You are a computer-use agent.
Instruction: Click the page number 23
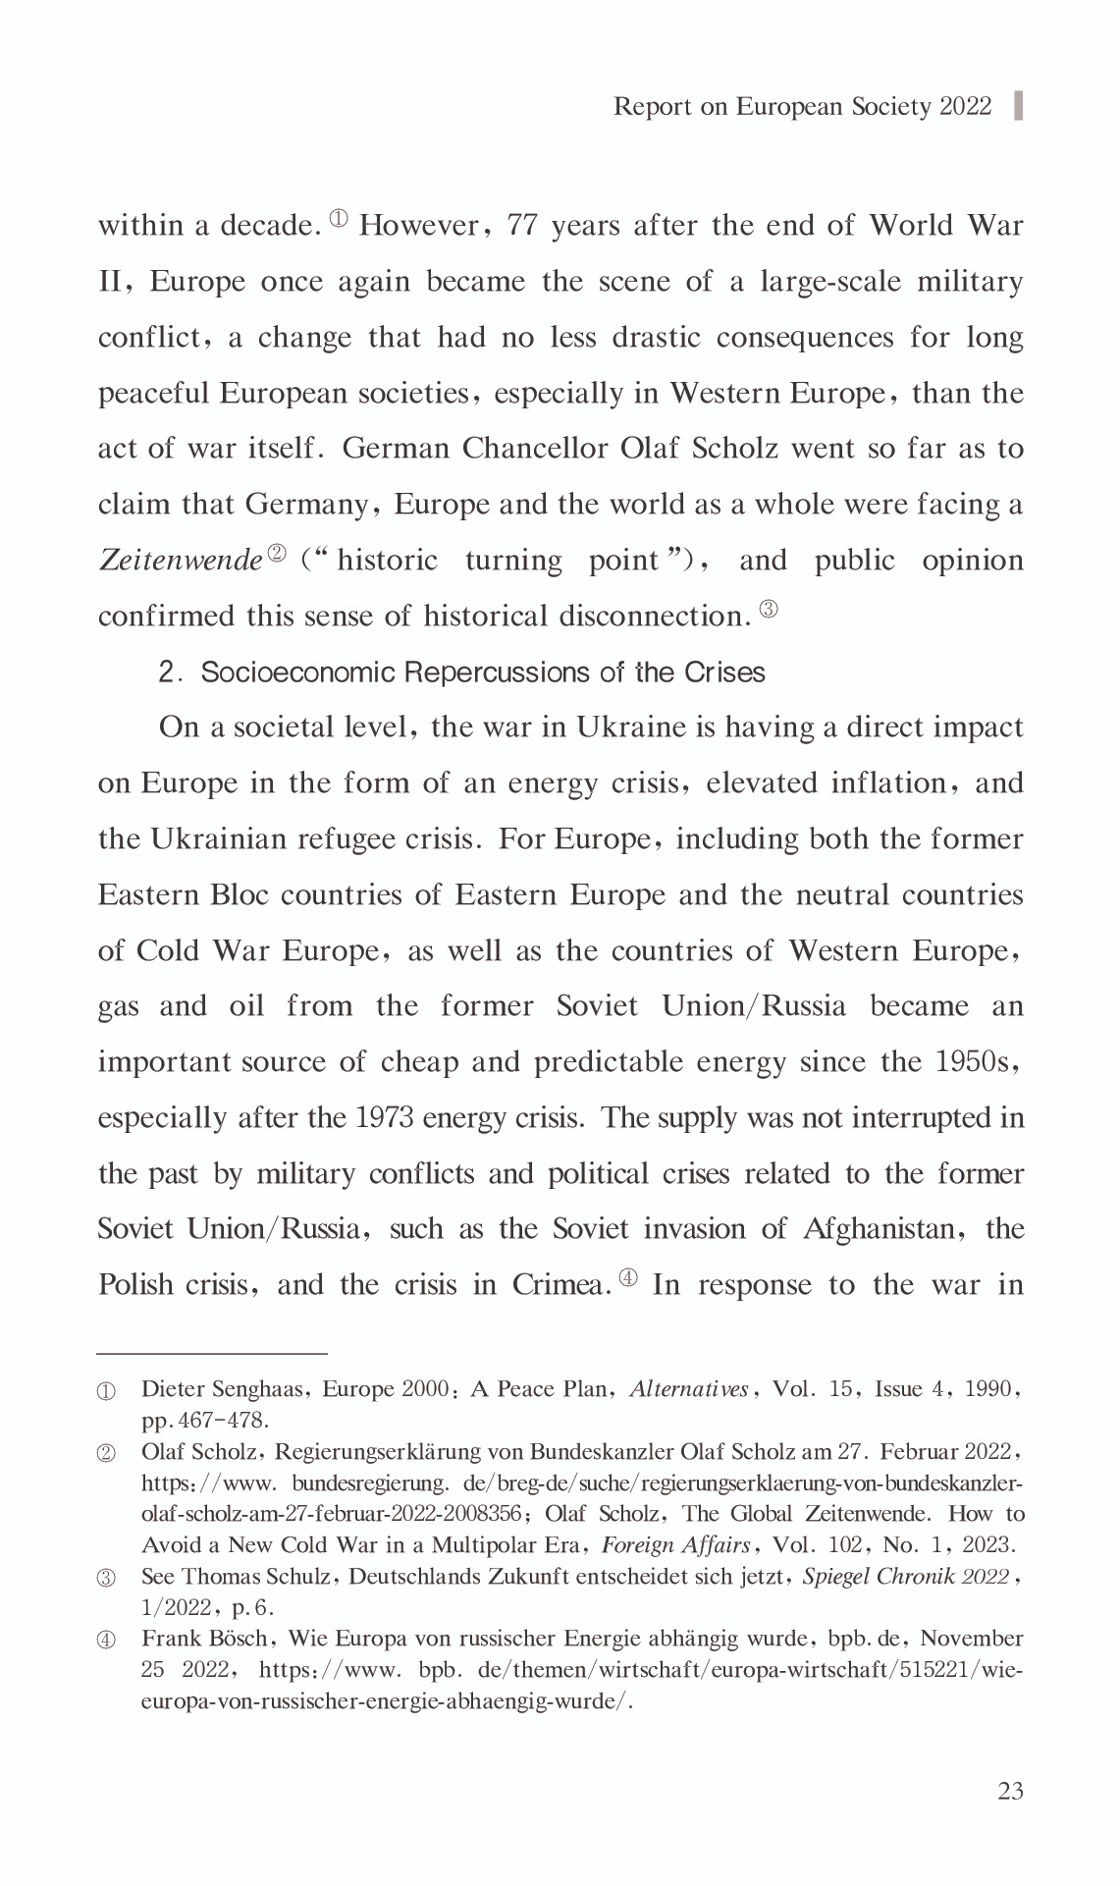pos(1010,1791)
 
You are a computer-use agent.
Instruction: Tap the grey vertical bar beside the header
pos(1018,106)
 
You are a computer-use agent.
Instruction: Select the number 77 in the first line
pos(522,226)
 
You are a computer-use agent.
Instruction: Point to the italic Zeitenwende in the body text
pos(181,561)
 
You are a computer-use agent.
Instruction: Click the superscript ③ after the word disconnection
pos(769,610)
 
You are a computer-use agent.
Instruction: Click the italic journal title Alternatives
pos(689,1389)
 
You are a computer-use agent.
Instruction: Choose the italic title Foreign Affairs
pos(675,1544)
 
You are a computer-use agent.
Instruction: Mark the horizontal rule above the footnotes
pos(212,1353)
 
